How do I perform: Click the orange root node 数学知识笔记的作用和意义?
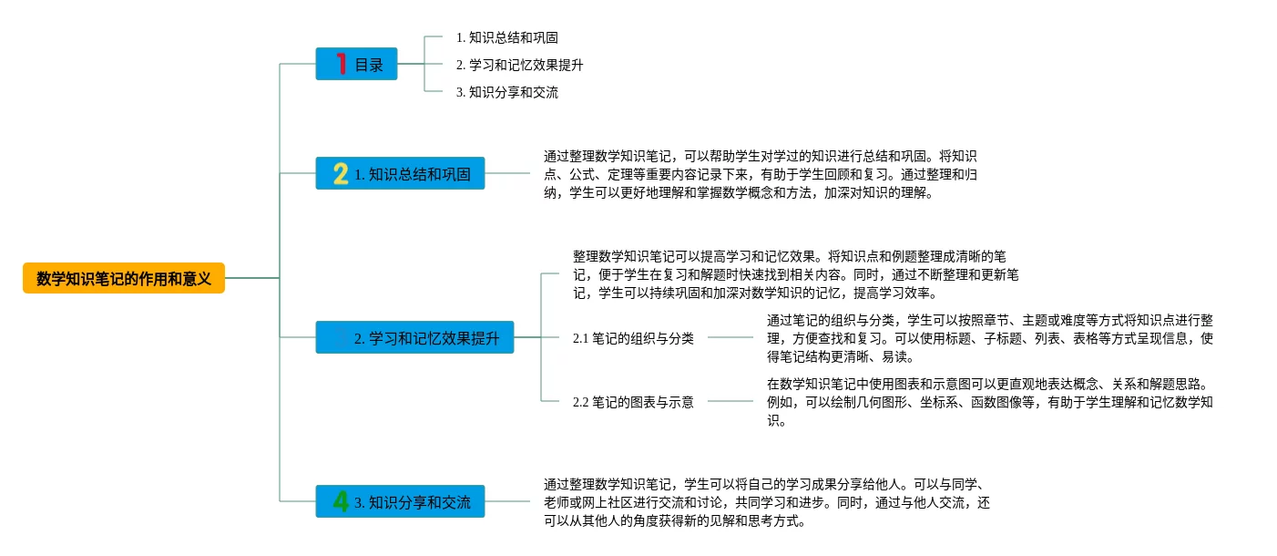tap(124, 278)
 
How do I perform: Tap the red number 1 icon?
tap(342, 64)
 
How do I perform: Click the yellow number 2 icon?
tap(341, 173)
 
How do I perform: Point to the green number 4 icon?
tap(341, 501)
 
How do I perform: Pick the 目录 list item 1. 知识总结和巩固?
tap(506, 38)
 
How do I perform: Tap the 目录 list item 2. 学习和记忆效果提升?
tap(519, 66)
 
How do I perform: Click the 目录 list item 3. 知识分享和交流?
tap(506, 92)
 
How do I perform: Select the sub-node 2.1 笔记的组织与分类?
tap(633, 338)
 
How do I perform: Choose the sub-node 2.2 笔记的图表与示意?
tap(633, 401)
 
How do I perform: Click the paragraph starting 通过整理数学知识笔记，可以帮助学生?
tap(760, 174)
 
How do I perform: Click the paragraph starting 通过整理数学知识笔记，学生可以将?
tap(766, 502)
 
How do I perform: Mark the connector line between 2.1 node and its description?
tap(730, 338)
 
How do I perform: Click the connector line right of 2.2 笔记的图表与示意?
tap(730, 401)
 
